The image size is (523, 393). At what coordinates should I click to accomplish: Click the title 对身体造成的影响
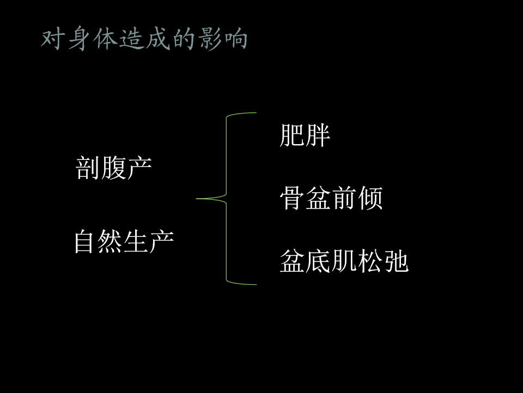click(x=144, y=40)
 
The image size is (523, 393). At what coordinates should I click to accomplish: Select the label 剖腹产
click(x=113, y=168)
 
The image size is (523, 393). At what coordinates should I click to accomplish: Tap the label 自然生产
click(x=124, y=241)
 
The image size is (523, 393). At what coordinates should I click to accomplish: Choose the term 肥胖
click(x=305, y=136)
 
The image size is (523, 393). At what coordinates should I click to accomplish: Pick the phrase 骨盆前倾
click(x=331, y=199)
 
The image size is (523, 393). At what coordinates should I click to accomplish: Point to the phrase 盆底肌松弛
click(x=344, y=261)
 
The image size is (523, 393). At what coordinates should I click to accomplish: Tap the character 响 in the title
click(x=235, y=40)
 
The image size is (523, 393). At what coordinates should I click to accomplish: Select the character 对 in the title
click(x=54, y=40)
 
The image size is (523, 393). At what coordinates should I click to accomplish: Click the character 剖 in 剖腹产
click(x=87, y=168)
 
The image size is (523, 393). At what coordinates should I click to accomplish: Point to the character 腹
click(x=113, y=168)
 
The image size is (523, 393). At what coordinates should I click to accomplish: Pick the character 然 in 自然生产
click(x=111, y=241)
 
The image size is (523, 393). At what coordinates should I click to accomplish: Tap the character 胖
click(x=318, y=136)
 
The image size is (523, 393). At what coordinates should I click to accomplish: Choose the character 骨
click(x=292, y=199)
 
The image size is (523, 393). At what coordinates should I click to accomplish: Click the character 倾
click(x=370, y=199)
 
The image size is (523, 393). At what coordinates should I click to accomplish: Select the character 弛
click(x=396, y=261)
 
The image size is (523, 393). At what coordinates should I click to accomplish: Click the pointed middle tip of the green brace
click(x=197, y=199)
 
